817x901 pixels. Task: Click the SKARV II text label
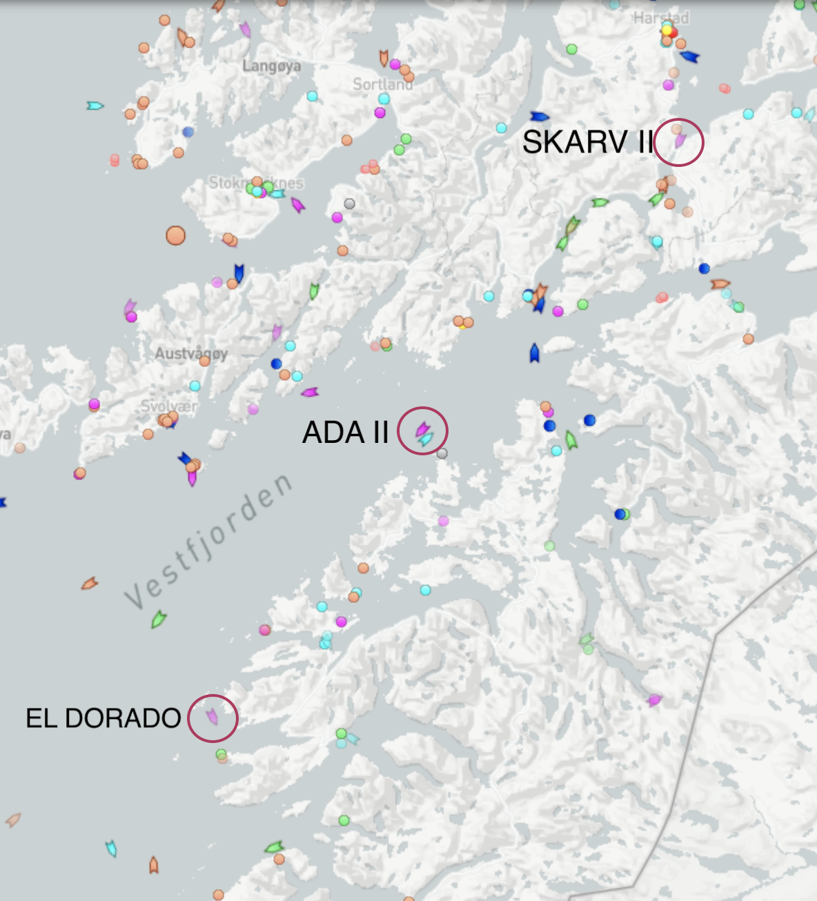(x=587, y=142)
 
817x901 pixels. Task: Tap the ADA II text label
(x=346, y=433)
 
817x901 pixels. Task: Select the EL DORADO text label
(x=104, y=718)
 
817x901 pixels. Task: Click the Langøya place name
(x=272, y=66)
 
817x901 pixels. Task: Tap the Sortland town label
(x=382, y=84)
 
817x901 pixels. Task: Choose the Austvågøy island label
(x=191, y=353)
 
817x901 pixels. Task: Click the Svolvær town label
(x=168, y=406)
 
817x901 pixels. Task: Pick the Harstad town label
(x=660, y=18)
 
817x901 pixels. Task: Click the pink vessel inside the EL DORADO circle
(x=213, y=717)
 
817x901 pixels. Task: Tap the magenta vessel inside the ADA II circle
(x=421, y=428)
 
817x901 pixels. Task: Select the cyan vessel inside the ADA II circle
(x=427, y=438)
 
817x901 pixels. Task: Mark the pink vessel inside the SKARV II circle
(x=680, y=141)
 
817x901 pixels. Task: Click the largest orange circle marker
(x=176, y=236)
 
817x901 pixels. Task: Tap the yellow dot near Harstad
(x=667, y=30)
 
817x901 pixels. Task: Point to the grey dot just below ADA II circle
(x=442, y=453)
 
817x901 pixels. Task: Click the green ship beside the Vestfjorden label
(x=159, y=619)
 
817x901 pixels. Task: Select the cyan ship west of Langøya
(x=95, y=106)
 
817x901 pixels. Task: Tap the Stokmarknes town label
(x=256, y=183)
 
